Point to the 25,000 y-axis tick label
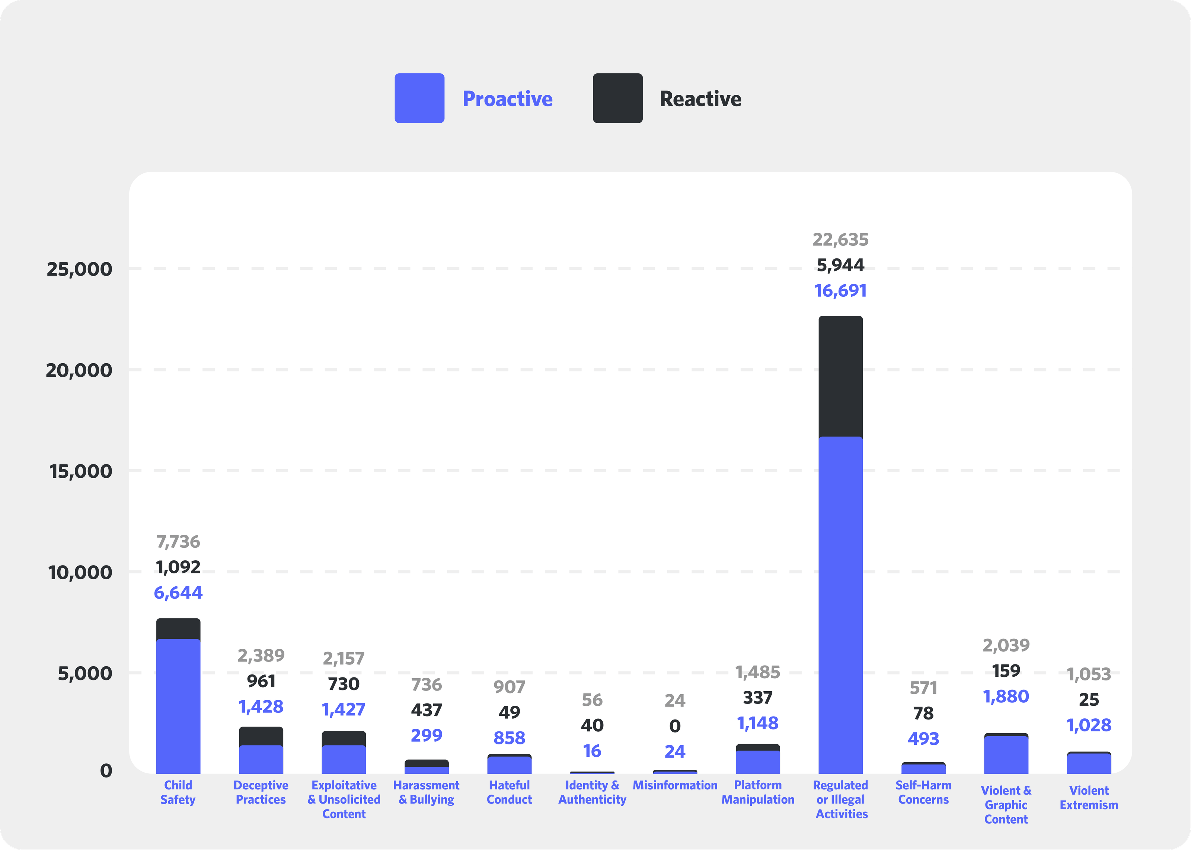80,269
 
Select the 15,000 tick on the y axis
81,471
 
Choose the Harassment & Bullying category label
426,792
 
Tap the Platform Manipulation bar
757,759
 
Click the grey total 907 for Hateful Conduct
509,687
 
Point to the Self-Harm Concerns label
923,792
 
